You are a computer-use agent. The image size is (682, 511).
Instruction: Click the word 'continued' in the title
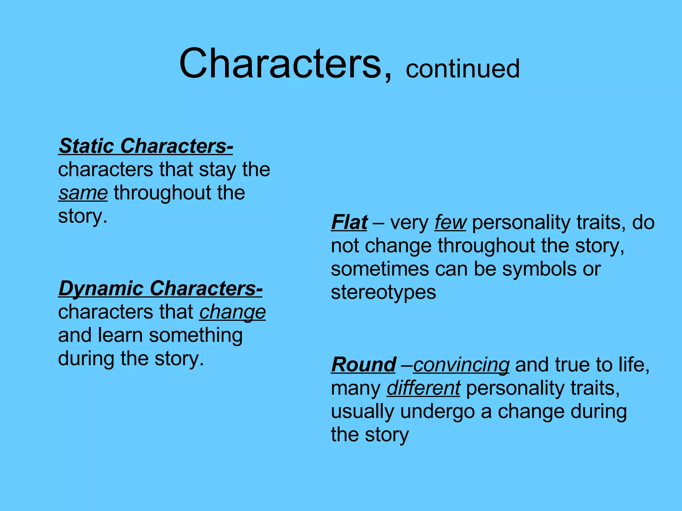462,69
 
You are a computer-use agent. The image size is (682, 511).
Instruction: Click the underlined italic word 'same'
83,193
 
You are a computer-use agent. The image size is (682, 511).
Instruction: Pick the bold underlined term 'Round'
363,365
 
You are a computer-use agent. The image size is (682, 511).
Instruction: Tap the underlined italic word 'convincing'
461,365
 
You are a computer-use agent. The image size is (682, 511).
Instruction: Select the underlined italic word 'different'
423,388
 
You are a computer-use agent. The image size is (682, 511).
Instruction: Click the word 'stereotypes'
383,292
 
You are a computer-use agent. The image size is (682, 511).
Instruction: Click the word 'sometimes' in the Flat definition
380,269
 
